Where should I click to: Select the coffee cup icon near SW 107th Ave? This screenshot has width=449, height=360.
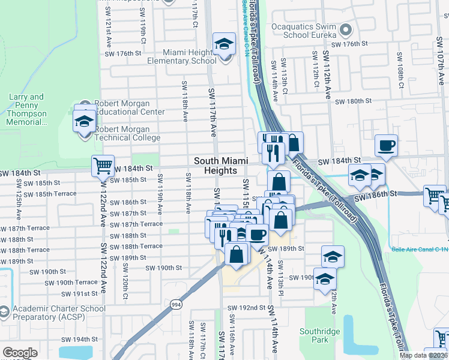[x=387, y=145]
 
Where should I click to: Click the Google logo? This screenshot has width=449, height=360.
[x=20, y=352]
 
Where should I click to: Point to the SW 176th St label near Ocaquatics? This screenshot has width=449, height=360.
[x=349, y=44]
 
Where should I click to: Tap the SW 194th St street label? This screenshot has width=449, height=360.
[x=79, y=339]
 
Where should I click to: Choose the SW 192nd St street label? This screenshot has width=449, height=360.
[x=246, y=308]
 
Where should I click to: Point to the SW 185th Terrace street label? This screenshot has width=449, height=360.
[x=56, y=194]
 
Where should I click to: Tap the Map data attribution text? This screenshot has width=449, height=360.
[x=423, y=355]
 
